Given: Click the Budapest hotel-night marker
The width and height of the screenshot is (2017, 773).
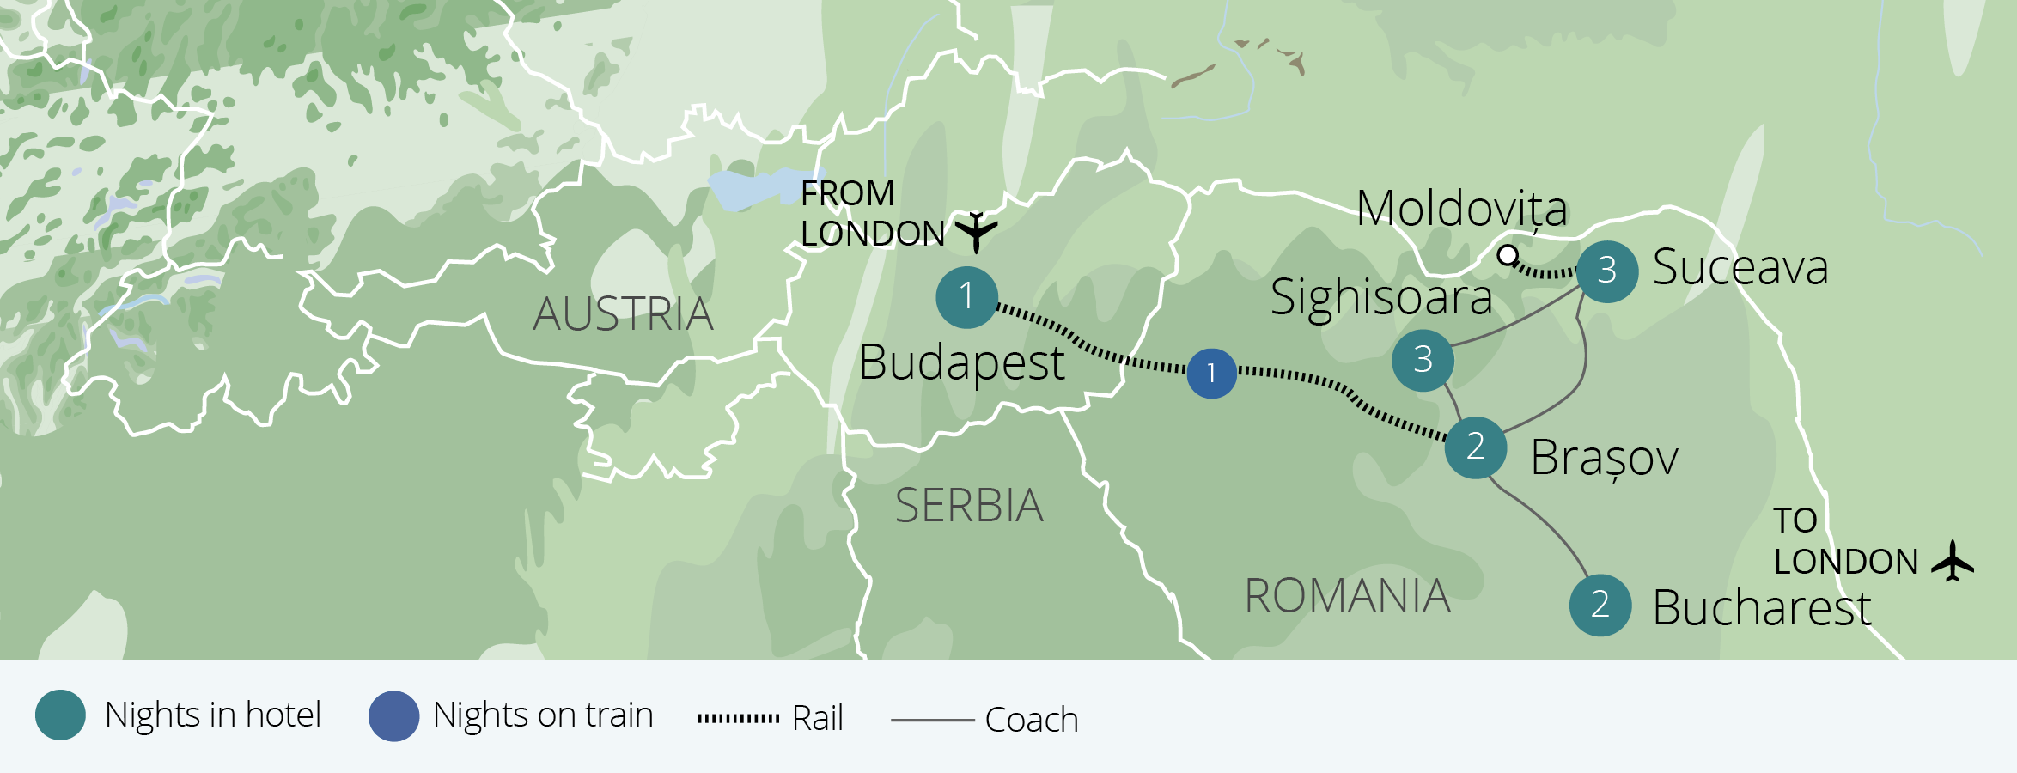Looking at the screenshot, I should (966, 297).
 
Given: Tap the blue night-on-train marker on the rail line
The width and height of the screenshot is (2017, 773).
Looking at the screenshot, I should (1211, 373).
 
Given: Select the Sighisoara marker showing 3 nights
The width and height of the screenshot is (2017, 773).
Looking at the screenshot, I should (1423, 360).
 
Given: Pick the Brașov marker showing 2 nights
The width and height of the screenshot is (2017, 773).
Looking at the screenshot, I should (1475, 447).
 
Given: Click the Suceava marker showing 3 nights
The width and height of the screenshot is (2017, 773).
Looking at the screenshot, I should (1606, 271).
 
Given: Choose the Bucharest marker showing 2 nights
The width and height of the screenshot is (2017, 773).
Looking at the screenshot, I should (1600, 605).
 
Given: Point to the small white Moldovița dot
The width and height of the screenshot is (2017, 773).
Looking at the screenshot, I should (1507, 255).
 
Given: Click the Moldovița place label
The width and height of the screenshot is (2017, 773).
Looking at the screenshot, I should (1461, 209).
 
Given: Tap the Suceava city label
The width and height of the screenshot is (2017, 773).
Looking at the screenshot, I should (1740, 267).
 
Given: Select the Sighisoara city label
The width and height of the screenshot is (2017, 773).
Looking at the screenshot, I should (1380, 298).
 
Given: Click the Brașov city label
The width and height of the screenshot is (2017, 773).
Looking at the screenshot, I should (1604, 458).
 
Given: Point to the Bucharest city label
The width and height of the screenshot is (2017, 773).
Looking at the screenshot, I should (1761, 608).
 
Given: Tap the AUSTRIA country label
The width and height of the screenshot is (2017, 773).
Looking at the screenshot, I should (623, 314).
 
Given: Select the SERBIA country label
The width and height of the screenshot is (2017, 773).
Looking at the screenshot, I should (969, 506).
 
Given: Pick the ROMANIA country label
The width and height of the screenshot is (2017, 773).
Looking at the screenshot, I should (1347, 596).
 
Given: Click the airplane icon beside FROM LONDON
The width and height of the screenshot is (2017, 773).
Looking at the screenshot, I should (976, 231).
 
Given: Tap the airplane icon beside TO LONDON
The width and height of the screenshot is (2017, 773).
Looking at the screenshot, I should (1953, 561).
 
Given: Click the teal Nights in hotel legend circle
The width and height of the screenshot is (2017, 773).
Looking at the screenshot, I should (60, 715).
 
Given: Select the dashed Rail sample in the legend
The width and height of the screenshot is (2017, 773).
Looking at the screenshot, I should (738, 718).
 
